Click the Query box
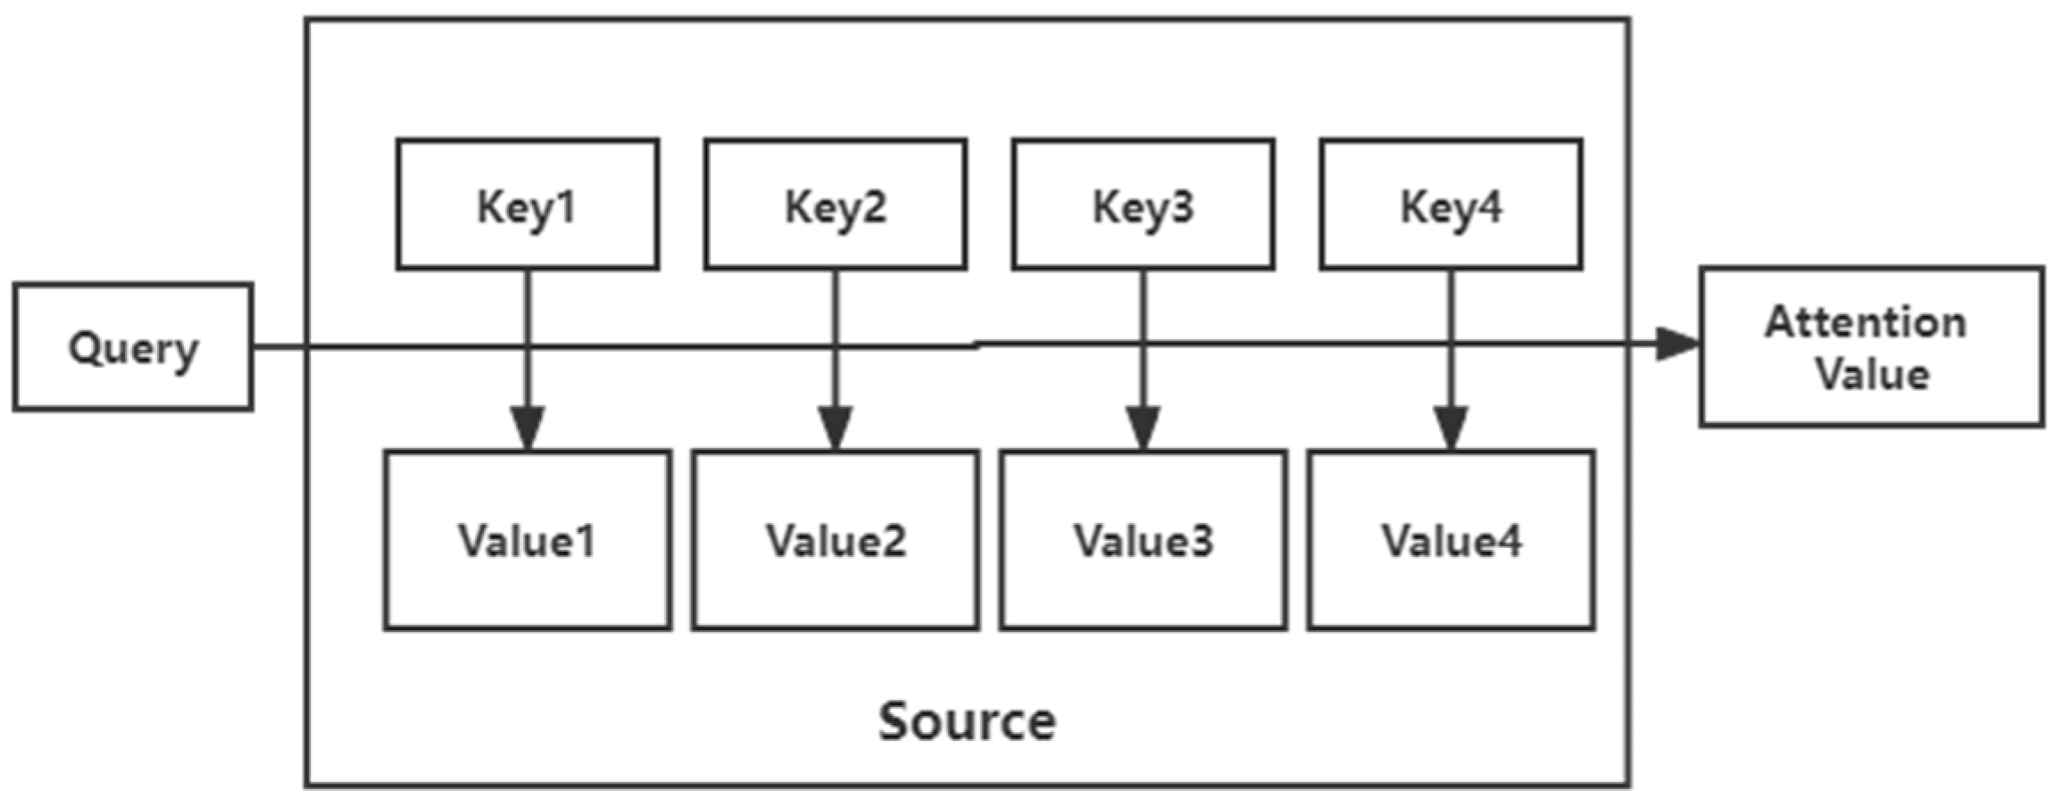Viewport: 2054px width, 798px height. [133, 347]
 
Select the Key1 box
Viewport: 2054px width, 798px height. [528, 204]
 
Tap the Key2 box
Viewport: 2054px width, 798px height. [835, 204]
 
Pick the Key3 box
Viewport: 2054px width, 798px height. [1143, 204]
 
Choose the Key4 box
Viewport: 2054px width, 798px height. [1451, 204]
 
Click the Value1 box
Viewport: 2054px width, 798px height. [528, 541]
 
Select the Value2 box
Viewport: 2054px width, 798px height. [835, 541]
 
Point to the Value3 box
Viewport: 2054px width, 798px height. [1143, 541]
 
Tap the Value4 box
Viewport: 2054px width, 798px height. [1451, 541]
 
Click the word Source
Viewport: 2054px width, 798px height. [967, 721]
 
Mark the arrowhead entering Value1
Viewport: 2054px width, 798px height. [528, 428]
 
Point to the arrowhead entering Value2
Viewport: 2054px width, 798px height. [835, 428]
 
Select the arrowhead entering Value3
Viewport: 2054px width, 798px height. [1143, 428]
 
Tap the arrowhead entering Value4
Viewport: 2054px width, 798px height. [1451, 428]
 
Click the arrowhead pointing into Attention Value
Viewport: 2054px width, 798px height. [1676, 344]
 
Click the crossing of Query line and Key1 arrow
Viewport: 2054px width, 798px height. [528, 347]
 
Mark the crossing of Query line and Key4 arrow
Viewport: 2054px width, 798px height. [1451, 343]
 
